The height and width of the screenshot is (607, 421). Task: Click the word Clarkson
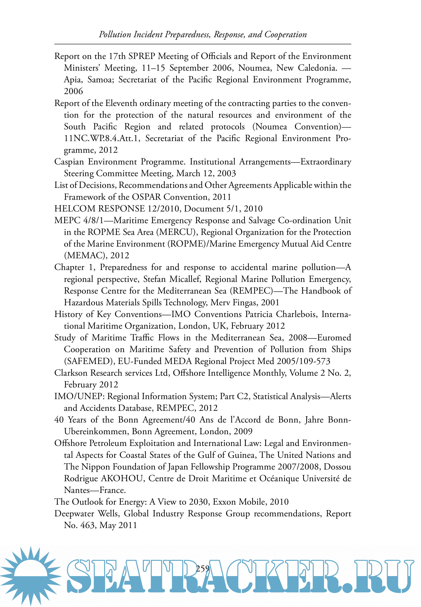point(71,373)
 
